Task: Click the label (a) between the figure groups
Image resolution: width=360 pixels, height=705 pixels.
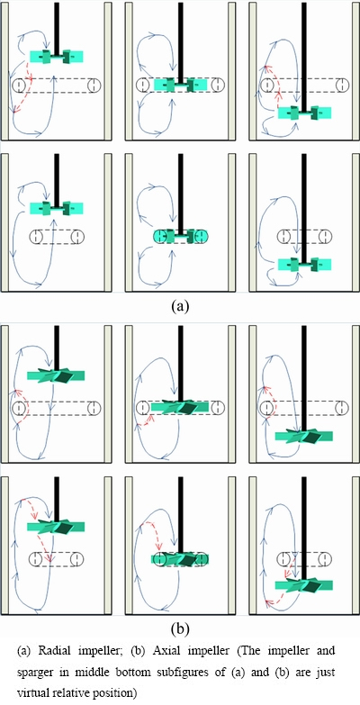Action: (x=180, y=307)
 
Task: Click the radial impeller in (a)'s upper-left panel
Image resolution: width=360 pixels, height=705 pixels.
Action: (x=57, y=57)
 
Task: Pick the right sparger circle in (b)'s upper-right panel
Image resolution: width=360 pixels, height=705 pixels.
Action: (x=343, y=408)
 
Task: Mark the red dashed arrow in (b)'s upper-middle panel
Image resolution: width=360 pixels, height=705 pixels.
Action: (x=146, y=420)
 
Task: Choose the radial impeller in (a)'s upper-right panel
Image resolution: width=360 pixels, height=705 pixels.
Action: (x=305, y=113)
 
